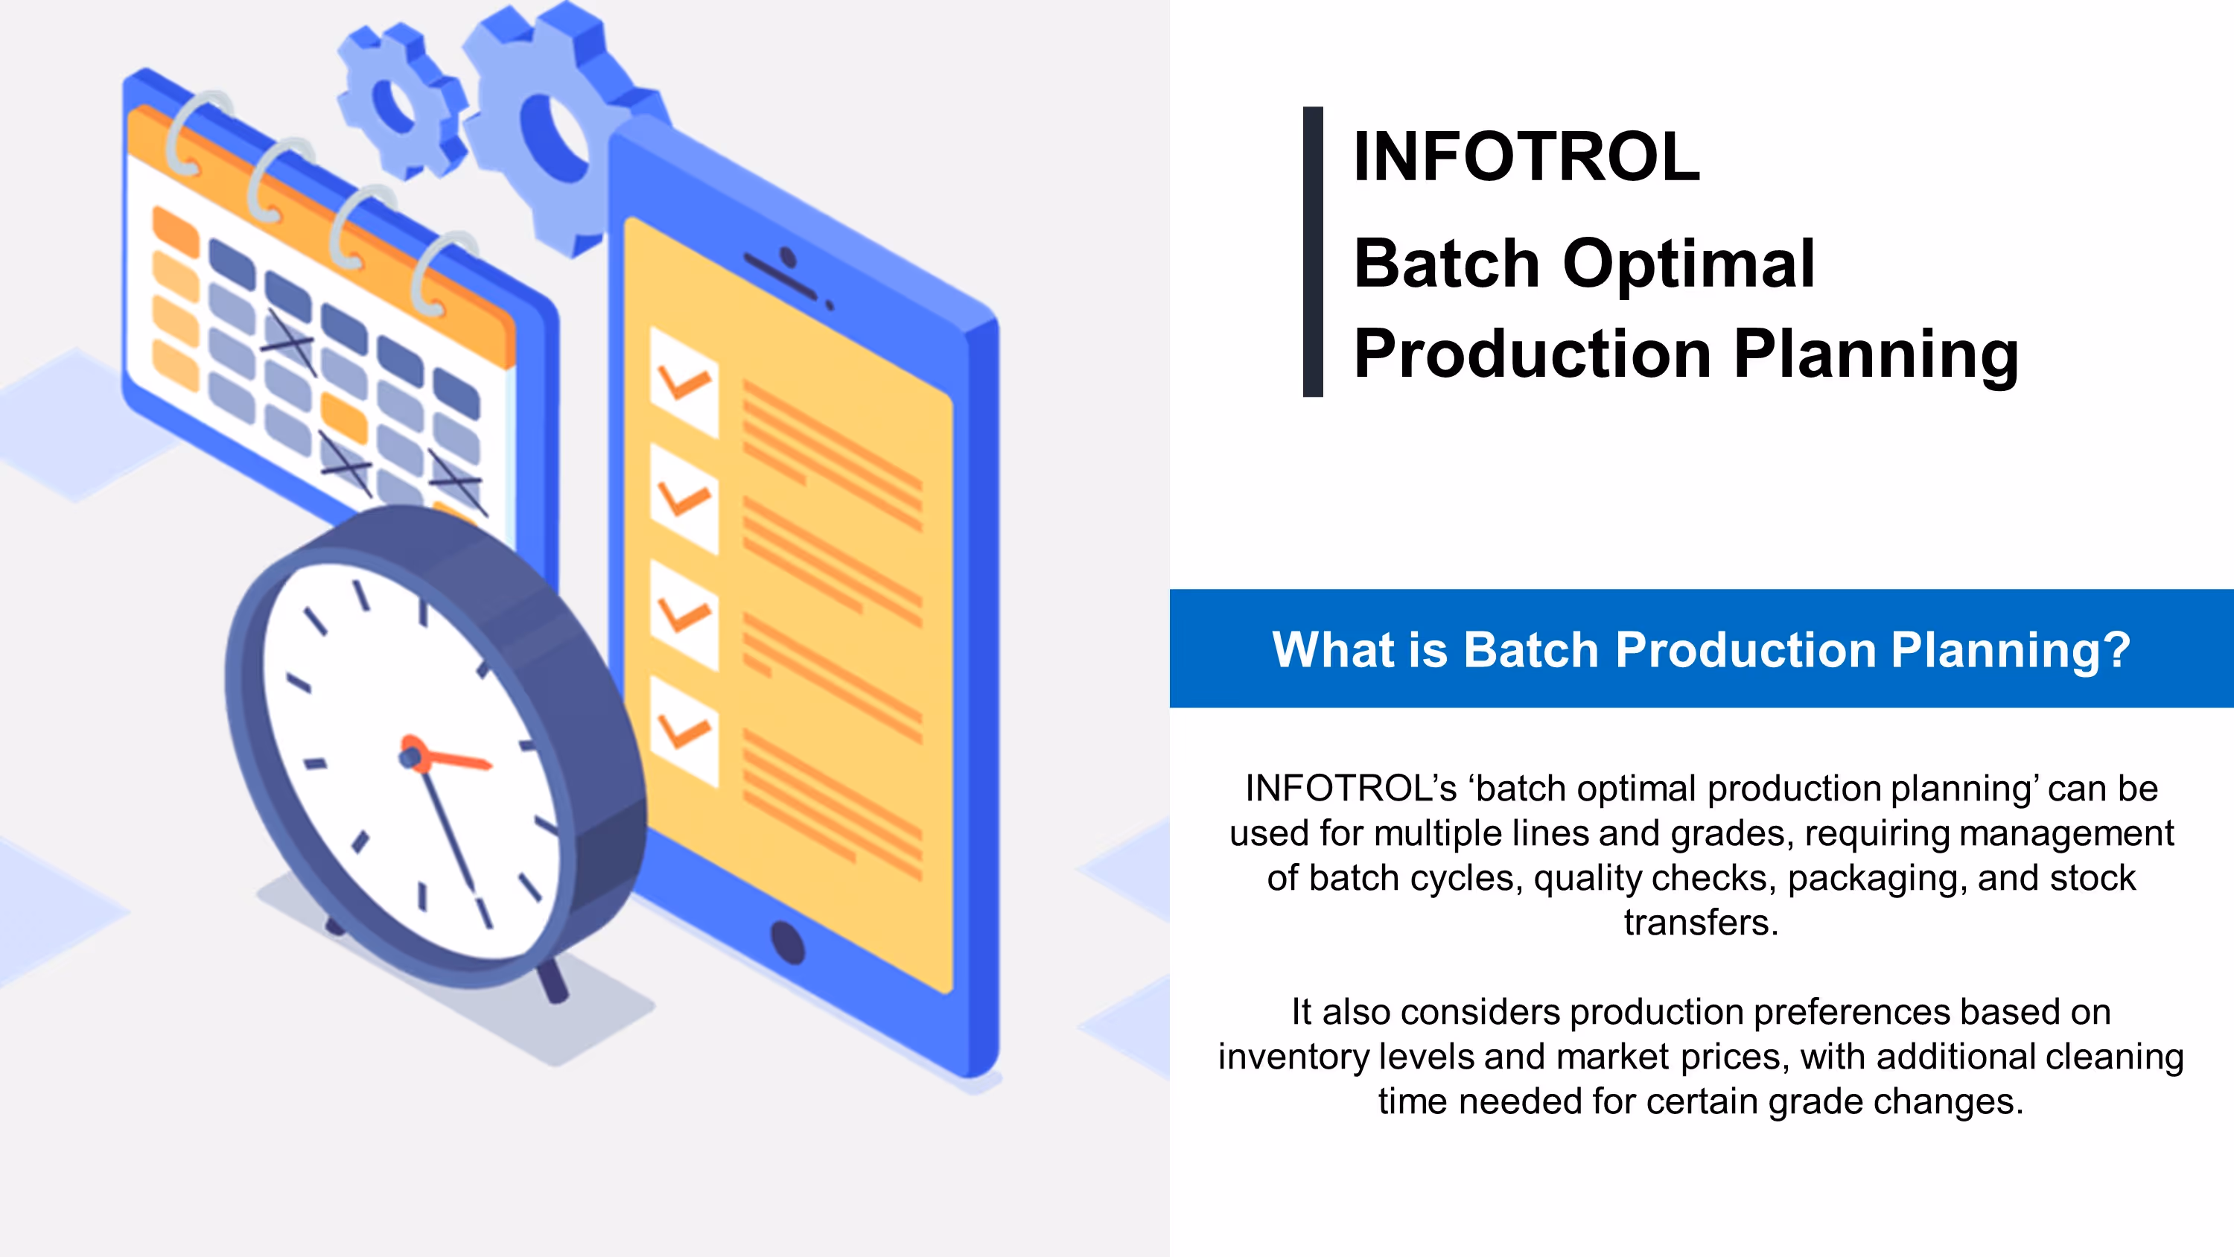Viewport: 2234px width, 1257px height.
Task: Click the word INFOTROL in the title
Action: (1527, 157)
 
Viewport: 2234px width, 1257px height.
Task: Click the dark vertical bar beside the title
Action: (1313, 252)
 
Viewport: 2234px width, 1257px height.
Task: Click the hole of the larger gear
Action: (554, 139)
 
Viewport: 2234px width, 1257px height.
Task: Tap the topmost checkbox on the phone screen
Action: (684, 382)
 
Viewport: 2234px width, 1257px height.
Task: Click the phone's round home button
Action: (787, 942)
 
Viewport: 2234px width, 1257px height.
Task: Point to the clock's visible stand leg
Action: (552, 982)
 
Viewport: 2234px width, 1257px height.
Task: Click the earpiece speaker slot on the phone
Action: (780, 276)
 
